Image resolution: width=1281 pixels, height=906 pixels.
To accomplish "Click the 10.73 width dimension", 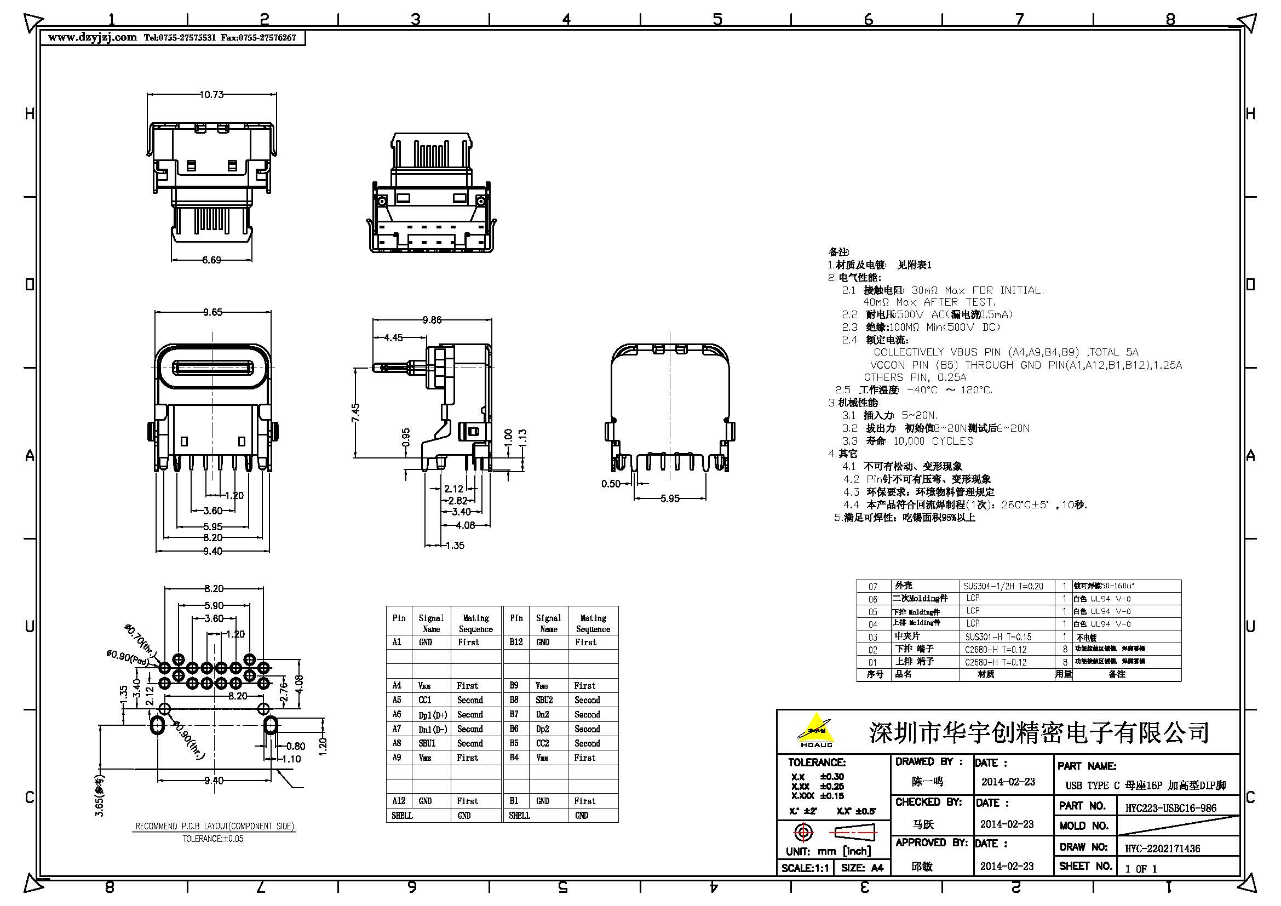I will tap(211, 95).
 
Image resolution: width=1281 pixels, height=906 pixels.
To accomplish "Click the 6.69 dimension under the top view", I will tap(211, 260).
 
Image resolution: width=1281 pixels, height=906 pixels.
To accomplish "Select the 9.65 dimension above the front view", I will tap(212, 312).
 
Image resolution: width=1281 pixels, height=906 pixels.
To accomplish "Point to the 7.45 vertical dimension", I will tap(356, 413).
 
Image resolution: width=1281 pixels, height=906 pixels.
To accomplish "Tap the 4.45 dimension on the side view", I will tap(393, 337).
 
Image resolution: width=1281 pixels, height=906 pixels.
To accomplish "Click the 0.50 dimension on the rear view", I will tap(611, 484).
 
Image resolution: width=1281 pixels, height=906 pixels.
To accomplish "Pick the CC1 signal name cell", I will tap(425, 699).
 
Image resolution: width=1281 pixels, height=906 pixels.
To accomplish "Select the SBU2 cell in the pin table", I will tap(544, 699).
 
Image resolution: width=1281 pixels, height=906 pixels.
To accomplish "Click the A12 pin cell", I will tap(399, 801).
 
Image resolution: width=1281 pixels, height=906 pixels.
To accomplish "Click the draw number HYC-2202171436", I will tap(1162, 848).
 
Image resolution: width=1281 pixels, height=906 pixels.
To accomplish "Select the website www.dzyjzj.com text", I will tap(93, 37).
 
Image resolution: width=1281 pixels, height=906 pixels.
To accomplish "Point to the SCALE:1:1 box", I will tap(805, 868).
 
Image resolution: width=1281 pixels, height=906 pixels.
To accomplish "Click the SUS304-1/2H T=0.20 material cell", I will tap(1003, 586).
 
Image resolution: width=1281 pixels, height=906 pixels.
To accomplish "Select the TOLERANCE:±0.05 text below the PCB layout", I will tap(213, 839).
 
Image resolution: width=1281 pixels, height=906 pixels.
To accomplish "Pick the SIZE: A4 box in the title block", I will tap(862, 868).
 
